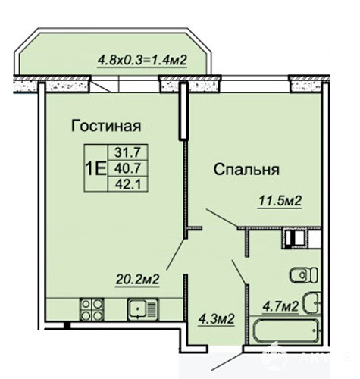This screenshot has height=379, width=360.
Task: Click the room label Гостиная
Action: click(x=106, y=126)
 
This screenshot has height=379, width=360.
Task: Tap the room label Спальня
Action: click(x=246, y=170)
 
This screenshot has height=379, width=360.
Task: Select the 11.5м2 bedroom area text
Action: click(x=280, y=202)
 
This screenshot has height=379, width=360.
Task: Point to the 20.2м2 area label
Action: click(x=137, y=280)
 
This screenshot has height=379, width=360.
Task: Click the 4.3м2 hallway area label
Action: click(x=217, y=319)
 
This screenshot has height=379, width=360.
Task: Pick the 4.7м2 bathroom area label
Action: click(x=280, y=307)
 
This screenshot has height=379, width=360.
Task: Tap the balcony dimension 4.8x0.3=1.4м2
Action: click(x=142, y=61)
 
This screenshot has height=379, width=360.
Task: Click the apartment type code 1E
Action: click(x=95, y=169)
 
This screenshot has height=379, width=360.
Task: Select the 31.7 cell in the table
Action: click(x=127, y=152)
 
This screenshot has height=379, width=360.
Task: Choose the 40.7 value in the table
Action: click(x=127, y=168)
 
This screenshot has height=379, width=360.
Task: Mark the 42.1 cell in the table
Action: click(x=127, y=185)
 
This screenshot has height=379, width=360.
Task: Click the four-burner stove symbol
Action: click(x=92, y=309)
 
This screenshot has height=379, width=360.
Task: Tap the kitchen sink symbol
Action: click(x=142, y=309)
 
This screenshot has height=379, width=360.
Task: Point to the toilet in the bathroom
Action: click(x=304, y=275)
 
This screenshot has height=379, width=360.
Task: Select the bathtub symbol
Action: click(x=286, y=330)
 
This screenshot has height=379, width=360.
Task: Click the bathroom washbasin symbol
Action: click(x=311, y=303)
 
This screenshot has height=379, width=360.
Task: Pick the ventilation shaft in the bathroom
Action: click(x=295, y=238)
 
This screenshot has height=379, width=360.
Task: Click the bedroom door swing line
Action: click(x=221, y=218)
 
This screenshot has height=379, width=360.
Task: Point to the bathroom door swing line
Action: click(x=239, y=272)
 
